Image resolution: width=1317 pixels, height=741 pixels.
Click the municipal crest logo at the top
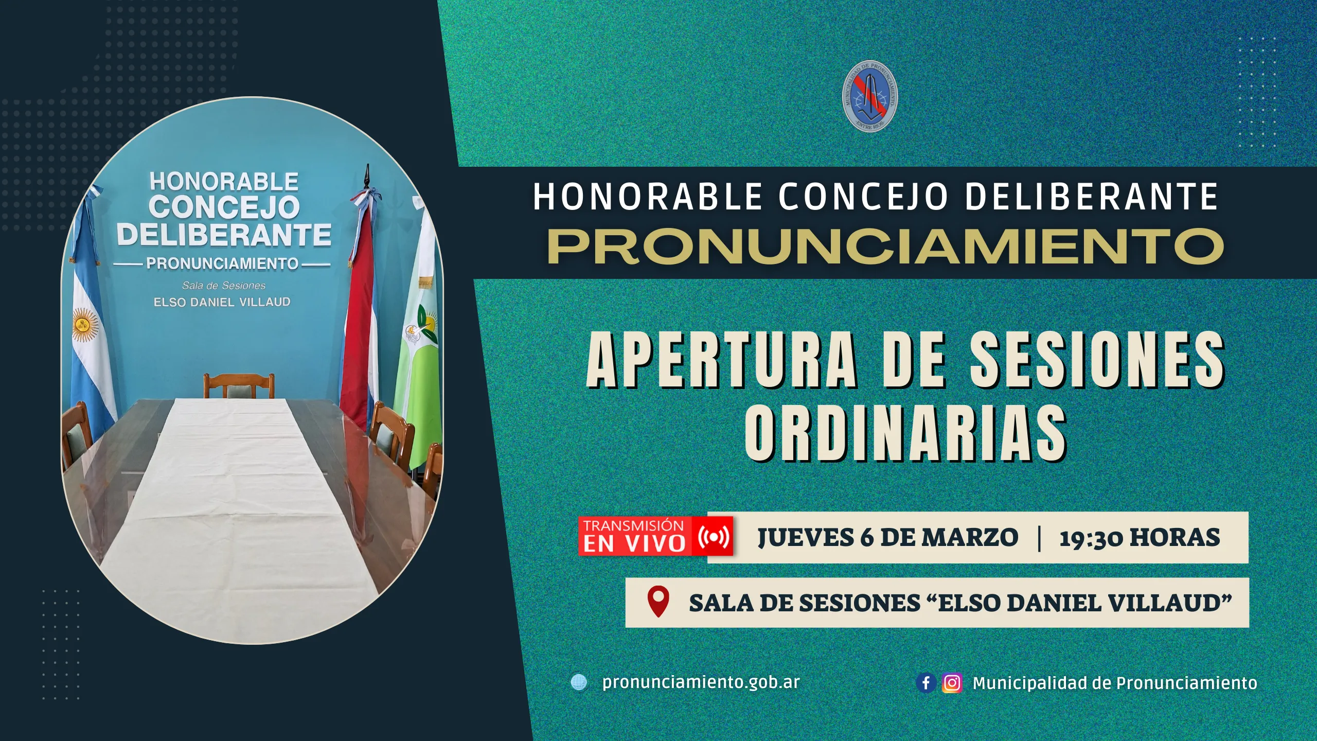(870, 96)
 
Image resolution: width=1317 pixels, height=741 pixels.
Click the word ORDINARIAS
(905, 432)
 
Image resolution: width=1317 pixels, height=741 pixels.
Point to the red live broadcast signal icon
(714, 537)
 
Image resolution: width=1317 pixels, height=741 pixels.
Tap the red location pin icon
(658, 601)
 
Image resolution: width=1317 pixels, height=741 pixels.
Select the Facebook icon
(926, 683)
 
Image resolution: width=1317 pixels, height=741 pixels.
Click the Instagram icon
(952, 683)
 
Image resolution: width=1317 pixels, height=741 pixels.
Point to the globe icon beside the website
(579, 682)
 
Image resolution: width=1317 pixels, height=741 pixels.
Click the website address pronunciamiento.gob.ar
(701, 682)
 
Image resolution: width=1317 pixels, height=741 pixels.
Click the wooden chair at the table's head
(239, 385)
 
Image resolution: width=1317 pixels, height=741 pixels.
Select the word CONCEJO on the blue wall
(224, 207)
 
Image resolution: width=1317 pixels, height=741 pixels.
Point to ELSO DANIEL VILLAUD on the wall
(222, 302)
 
